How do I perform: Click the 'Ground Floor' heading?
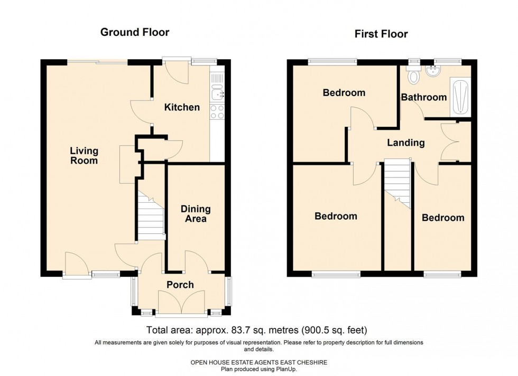[x=135, y=32]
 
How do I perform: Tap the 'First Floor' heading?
[x=381, y=34]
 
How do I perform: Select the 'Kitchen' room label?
[x=182, y=107]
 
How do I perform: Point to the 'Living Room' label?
[x=84, y=156]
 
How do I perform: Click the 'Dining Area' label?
[x=196, y=213]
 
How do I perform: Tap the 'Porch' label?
[x=180, y=285]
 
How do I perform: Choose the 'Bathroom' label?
[x=424, y=97]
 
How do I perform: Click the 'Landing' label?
[x=406, y=143]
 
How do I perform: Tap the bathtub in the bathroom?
[x=460, y=98]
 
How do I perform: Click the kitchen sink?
[x=217, y=94]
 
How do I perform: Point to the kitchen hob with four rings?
[x=217, y=112]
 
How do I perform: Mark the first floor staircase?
[x=397, y=184]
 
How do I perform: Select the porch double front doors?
[x=183, y=302]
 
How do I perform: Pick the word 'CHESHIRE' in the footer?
[x=313, y=362]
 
